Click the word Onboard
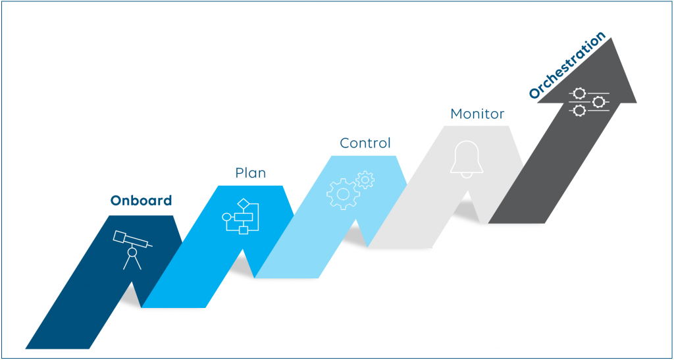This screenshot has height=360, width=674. pyautogui.click(x=141, y=201)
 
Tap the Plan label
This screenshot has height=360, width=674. pyautogui.click(x=251, y=172)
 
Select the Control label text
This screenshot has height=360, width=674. pyautogui.click(x=365, y=143)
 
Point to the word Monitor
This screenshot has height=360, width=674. pyautogui.click(x=477, y=114)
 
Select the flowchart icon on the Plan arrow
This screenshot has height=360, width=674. pyautogui.click(x=240, y=217)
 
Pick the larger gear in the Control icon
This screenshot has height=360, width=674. pyautogui.click(x=342, y=193)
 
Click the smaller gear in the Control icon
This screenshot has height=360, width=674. pyautogui.click(x=365, y=179)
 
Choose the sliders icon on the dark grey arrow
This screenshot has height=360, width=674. pyautogui.click(x=589, y=102)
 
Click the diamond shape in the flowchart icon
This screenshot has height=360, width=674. pyautogui.click(x=244, y=203)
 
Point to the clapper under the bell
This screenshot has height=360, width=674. pyautogui.click(x=467, y=175)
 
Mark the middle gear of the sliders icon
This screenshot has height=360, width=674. pyautogui.click(x=598, y=102)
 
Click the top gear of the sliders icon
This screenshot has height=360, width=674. pyautogui.click(x=579, y=93)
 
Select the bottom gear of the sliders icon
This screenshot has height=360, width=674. pyautogui.click(x=579, y=111)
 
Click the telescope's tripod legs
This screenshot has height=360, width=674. pyautogui.click(x=132, y=262)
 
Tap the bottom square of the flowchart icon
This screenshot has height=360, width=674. pyautogui.click(x=244, y=230)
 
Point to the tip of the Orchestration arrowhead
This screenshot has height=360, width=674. pyautogui.click(x=611, y=38)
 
